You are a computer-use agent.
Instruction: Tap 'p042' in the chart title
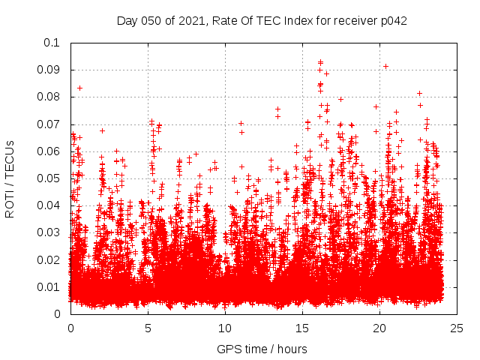click(x=393, y=20)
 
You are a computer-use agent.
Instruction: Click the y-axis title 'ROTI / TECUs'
click(x=10, y=178)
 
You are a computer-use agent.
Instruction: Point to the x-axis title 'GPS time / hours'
click(x=262, y=349)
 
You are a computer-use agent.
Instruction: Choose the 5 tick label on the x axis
click(x=148, y=328)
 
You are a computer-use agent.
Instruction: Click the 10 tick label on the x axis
click(x=225, y=328)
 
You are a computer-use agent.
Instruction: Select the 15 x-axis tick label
click(x=302, y=328)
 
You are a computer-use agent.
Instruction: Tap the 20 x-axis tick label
click(x=379, y=328)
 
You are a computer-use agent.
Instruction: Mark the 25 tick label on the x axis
click(x=457, y=328)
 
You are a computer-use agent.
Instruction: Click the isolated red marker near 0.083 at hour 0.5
click(x=79, y=88)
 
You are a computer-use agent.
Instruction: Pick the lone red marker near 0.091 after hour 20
click(x=385, y=66)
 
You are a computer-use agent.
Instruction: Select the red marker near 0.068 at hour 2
click(x=102, y=130)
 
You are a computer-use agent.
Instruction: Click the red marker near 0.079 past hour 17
click(x=340, y=99)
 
